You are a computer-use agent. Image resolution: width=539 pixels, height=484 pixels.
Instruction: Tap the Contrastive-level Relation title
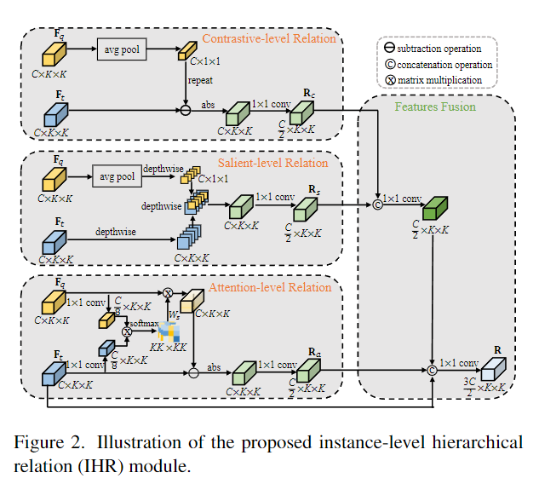pyautogui.click(x=270, y=38)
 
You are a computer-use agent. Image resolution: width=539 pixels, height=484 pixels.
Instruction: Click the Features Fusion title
pyautogui.click(x=435, y=108)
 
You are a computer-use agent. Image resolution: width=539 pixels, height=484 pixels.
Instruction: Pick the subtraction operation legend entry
pyautogui.click(x=441, y=49)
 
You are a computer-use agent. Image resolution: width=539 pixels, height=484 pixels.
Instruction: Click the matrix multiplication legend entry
pyautogui.click(x=441, y=80)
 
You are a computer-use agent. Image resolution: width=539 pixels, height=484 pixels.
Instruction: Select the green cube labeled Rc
pyautogui.click(x=302, y=112)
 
